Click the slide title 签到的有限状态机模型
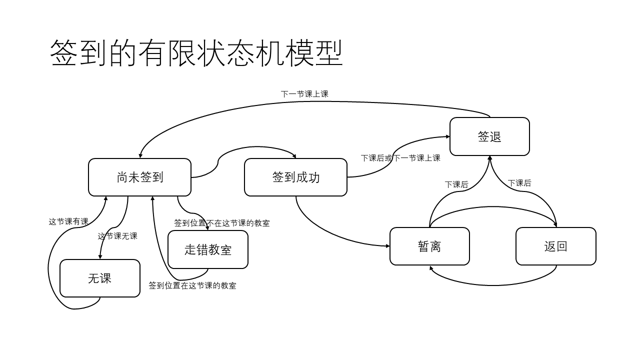pyautogui.click(x=196, y=53)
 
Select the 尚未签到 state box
pyautogui.click(x=139, y=177)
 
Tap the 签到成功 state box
pyautogui.click(x=295, y=177)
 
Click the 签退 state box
pyautogui.click(x=489, y=136)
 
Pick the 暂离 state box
pyautogui.click(x=429, y=246)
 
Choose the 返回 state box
pyautogui.click(x=555, y=246)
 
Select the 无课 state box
pyautogui.click(x=99, y=278)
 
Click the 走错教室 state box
pyautogui.click(x=207, y=249)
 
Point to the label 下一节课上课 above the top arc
pyautogui.click(x=304, y=94)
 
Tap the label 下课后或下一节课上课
pyautogui.click(x=400, y=158)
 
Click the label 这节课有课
pyautogui.click(x=68, y=221)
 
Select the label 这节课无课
pyautogui.click(x=117, y=236)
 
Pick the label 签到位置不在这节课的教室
pyautogui.click(x=222, y=223)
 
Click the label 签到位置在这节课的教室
pyautogui.click(x=192, y=285)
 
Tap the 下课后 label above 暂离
pyautogui.click(x=456, y=184)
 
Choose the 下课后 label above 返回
pyautogui.click(x=519, y=183)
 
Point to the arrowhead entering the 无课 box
pyautogui.click(x=100, y=256)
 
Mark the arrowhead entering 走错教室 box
pyautogui.click(x=207, y=228)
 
